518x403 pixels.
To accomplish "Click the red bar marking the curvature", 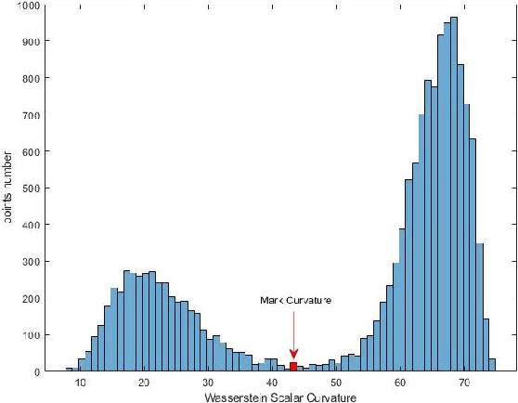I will pyautogui.click(x=293, y=367).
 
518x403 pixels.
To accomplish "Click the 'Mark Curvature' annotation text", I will pyautogui.click(x=294, y=301).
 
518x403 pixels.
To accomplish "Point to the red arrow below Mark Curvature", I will pyautogui.click(x=293, y=334).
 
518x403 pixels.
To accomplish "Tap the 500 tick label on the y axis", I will pyautogui.click(x=31, y=188).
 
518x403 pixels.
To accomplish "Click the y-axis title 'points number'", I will pyautogui.click(x=7, y=188).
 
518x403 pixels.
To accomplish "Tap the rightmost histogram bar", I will pyautogui.click(x=492, y=365).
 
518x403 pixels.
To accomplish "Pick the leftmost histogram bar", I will pyautogui.click(x=69, y=370).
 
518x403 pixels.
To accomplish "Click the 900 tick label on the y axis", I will pyautogui.click(x=31, y=42).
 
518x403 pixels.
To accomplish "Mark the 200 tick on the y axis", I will pyautogui.click(x=31, y=298).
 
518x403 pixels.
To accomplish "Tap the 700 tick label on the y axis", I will pyautogui.click(x=31, y=115).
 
